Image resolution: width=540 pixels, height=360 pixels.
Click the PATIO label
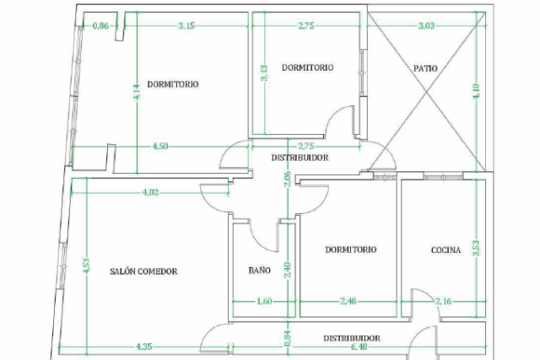click(x=425, y=68)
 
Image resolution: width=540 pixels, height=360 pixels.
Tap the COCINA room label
click(x=446, y=250)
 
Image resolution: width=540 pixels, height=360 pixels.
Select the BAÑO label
click(x=260, y=270)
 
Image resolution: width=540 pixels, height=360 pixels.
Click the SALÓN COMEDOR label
click(x=143, y=271)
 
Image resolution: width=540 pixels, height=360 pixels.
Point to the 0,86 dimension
click(x=100, y=26)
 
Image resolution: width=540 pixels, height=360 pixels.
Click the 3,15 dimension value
click(x=186, y=26)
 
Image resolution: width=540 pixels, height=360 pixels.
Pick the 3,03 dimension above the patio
click(x=426, y=26)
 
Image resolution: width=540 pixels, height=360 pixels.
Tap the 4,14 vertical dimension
click(x=137, y=92)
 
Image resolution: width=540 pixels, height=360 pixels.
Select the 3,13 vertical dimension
click(x=264, y=73)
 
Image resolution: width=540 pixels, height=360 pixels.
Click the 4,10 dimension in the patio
click(x=477, y=92)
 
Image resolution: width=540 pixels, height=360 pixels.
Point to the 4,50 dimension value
click(x=160, y=146)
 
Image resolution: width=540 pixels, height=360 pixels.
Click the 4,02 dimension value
click(x=150, y=192)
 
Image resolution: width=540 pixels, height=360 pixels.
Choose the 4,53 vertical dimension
click(x=86, y=266)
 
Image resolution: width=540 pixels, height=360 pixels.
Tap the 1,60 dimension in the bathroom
click(x=264, y=302)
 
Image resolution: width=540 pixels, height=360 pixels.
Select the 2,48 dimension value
click(x=348, y=302)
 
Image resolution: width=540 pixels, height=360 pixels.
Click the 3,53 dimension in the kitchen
click(x=477, y=248)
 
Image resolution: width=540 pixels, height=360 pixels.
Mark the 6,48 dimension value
click(x=359, y=347)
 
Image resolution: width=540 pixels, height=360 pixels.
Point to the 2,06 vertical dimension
click(x=289, y=179)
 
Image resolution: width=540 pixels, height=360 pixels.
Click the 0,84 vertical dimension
click(x=289, y=339)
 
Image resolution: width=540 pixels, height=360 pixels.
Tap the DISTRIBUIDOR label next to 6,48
click(x=352, y=338)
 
